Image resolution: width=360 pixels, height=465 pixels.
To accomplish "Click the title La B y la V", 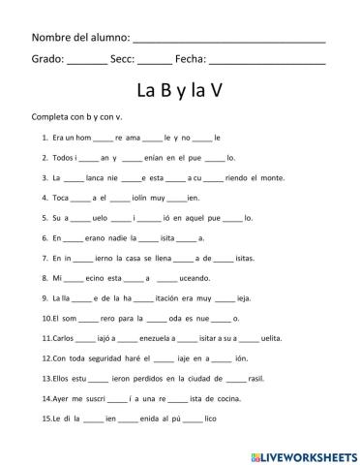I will pyautogui.click(x=180, y=91).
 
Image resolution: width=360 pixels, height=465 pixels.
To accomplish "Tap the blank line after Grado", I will pyautogui.click(x=88, y=60).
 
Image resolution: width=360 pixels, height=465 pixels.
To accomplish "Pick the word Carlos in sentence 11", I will pyautogui.click(x=57, y=338).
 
